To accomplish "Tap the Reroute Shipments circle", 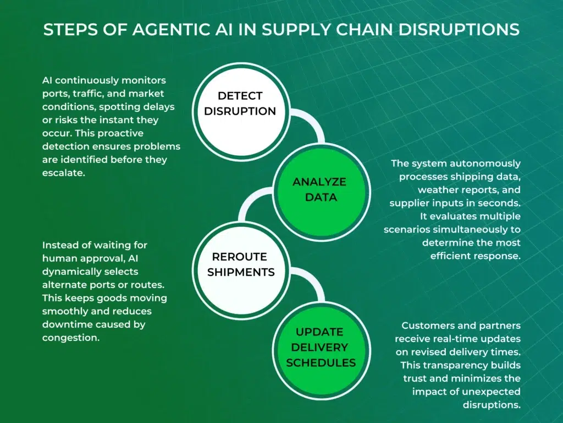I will pos(240,264).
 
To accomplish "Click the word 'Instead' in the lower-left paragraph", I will pos(59,245).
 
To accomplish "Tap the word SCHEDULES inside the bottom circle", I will pos(321,362).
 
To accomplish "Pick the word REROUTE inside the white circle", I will pos(240,257).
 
